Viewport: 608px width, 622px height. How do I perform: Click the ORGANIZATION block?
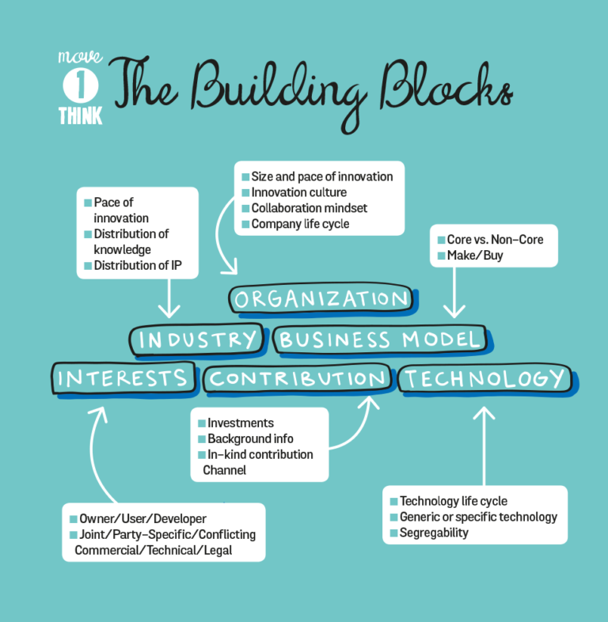(x=321, y=299)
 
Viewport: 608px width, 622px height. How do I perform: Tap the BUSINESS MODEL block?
(x=379, y=339)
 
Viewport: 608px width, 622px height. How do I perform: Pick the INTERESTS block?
(x=122, y=377)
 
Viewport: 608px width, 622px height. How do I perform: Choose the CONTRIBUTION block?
(x=297, y=378)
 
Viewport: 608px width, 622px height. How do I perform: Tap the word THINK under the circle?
(x=80, y=116)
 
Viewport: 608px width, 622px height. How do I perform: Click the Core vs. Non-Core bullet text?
(x=496, y=239)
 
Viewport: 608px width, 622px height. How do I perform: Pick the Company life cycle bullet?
(x=300, y=224)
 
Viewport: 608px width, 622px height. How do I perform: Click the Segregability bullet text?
(x=434, y=533)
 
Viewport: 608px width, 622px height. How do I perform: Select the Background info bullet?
(x=250, y=438)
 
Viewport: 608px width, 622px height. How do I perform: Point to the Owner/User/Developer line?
(x=142, y=519)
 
